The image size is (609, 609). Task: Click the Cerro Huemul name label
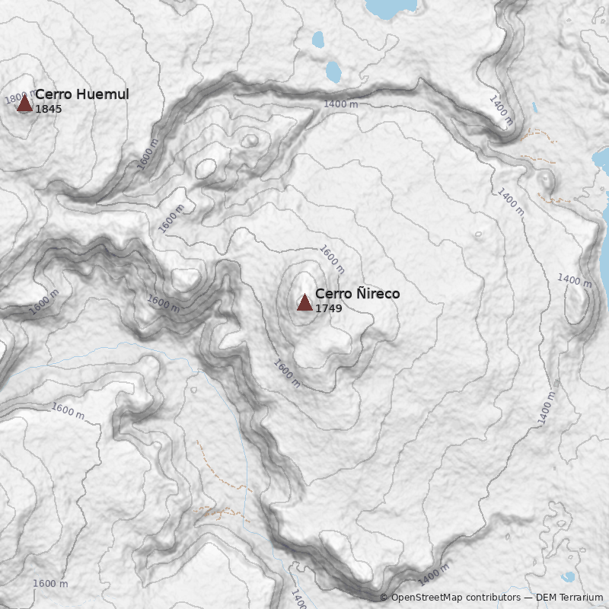tap(81, 94)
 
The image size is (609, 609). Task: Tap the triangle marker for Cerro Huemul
tap(24, 103)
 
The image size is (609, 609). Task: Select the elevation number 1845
tap(48, 110)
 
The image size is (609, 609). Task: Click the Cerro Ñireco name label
tap(357, 294)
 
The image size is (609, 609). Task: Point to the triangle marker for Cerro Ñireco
tap(304, 303)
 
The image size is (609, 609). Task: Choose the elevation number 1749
tap(328, 308)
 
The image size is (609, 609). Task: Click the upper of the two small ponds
tap(318, 39)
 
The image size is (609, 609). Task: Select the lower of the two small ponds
tap(333, 72)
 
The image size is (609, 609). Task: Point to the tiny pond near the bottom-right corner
tap(569, 577)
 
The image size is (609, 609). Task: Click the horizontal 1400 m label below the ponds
tap(340, 104)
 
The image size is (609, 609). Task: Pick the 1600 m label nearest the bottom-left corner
tap(50, 584)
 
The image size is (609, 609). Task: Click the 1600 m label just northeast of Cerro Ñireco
tap(332, 260)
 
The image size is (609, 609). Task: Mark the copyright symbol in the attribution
tap(384, 598)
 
